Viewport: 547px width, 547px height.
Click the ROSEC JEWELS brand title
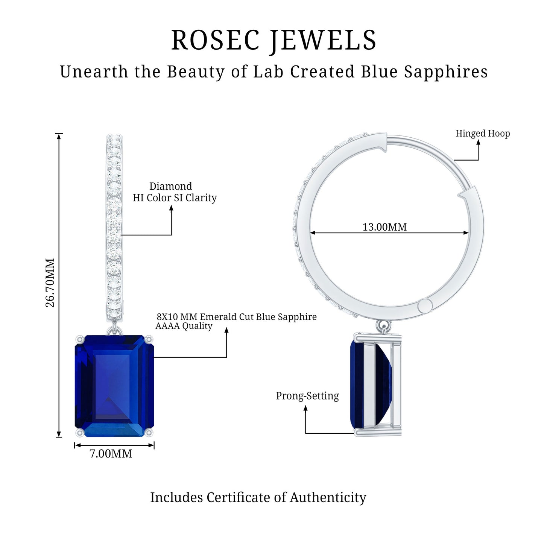(x=273, y=40)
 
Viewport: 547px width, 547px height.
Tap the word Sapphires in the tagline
(x=446, y=72)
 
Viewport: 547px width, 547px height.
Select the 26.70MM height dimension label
(x=50, y=283)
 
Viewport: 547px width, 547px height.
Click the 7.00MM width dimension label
(x=111, y=454)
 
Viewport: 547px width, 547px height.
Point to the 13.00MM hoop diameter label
(x=384, y=227)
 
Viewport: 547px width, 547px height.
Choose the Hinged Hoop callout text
(x=483, y=134)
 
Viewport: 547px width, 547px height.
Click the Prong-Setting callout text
(x=307, y=396)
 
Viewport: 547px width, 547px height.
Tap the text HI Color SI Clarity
(x=175, y=198)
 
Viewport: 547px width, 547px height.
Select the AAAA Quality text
(x=184, y=326)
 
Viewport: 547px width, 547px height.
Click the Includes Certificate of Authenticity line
(x=258, y=497)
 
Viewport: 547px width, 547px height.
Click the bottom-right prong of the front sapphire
(x=150, y=433)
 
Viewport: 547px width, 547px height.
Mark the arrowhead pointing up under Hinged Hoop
(x=478, y=142)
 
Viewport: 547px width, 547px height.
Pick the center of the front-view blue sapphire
(x=114, y=386)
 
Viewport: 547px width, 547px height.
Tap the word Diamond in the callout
(x=170, y=186)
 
